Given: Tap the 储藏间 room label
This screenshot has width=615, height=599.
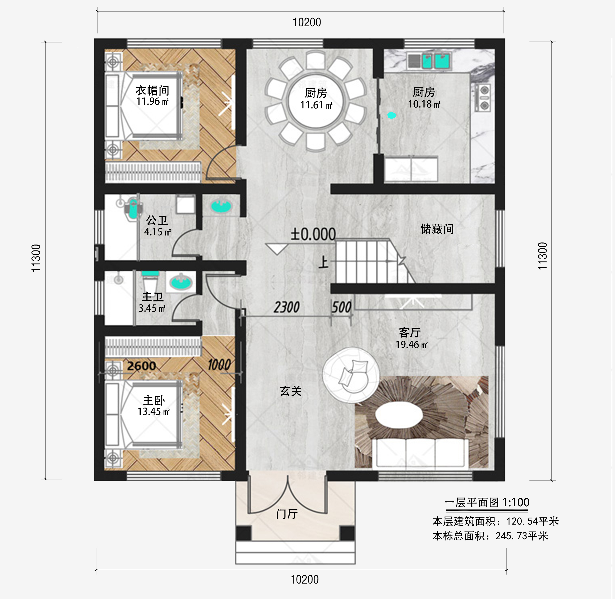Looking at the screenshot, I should pos(437,229).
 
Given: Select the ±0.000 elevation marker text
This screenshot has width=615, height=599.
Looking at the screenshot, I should pos(313,234).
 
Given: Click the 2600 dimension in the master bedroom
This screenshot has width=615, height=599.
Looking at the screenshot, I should pos(141,366).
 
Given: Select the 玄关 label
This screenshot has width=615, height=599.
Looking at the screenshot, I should pos(291,391).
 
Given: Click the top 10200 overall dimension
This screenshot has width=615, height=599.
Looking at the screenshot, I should pos(307,22).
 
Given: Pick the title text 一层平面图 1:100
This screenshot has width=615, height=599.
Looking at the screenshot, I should pos(487,502).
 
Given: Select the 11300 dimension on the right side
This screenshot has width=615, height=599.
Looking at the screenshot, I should pos(542,256).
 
